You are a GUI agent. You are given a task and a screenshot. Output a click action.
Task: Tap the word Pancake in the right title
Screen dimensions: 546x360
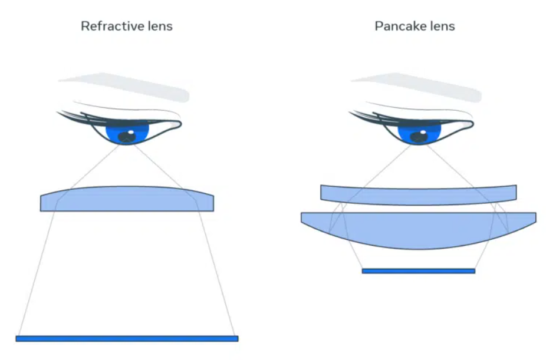pyautogui.click(x=396, y=26)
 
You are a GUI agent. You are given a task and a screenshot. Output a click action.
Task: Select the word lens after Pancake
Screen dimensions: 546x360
pyautogui.click(x=438, y=26)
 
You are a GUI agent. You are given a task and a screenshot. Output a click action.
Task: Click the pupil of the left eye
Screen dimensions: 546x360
pyautogui.click(x=126, y=137)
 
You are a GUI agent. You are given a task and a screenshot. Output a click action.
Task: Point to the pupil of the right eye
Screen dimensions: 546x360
pyautogui.click(x=418, y=137)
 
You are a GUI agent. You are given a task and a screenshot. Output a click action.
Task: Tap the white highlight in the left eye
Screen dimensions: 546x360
pyautogui.click(x=130, y=132)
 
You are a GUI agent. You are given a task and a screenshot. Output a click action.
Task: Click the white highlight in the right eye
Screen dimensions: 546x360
pyautogui.click(x=423, y=132)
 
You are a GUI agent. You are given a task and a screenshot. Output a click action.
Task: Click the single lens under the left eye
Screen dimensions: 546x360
pyautogui.click(x=127, y=199)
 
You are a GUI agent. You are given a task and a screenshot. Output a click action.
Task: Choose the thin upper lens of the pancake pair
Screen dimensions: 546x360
pyautogui.click(x=419, y=195)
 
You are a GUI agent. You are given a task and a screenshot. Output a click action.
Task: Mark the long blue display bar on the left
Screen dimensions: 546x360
pyautogui.click(x=127, y=338)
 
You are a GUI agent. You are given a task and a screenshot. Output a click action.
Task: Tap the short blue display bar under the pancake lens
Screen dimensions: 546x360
pyautogui.click(x=419, y=271)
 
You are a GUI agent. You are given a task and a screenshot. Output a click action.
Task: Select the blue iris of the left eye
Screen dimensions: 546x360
pyautogui.click(x=127, y=133)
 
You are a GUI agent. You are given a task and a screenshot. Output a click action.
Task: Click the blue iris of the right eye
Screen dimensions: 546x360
pyautogui.click(x=419, y=133)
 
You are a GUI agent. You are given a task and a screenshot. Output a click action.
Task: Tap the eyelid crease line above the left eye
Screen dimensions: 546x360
pyautogui.click(x=126, y=107)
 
